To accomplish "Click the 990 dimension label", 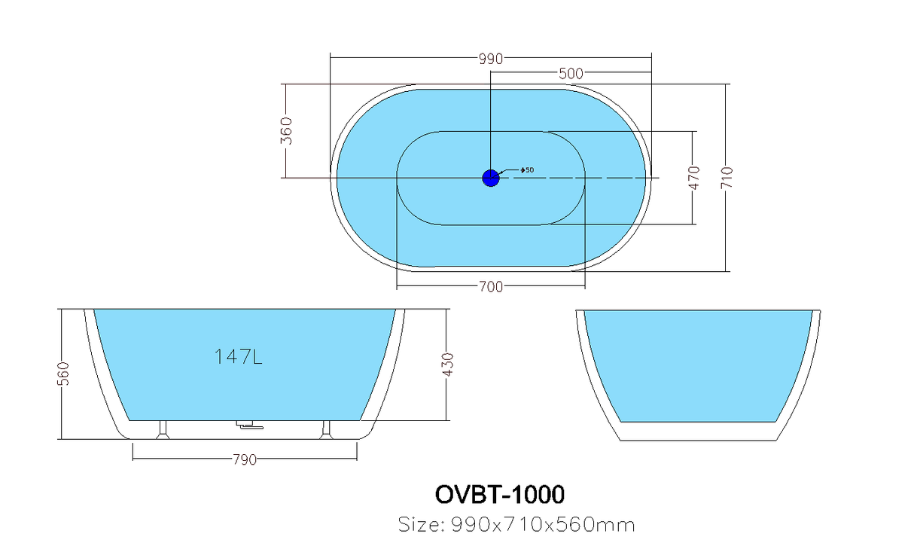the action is coord(491,59).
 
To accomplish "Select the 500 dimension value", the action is coord(571,74).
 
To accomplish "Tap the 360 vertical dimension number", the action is coord(286,130).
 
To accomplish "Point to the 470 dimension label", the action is coord(694,178).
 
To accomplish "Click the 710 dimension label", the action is coord(727,178).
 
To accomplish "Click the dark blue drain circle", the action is coord(490,178).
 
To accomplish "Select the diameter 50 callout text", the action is coord(527,169).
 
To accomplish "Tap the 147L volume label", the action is coord(239,357).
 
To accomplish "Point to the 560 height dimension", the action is coord(63,374).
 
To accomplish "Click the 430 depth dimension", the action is coord(448,365).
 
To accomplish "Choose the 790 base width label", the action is coord(245,460).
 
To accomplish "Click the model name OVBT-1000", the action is coord(500,495).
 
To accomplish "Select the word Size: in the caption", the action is coord(421,524).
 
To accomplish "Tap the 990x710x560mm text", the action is coord(543,525).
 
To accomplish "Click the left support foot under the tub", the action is coord(163,430).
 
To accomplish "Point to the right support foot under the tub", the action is coord(326,430).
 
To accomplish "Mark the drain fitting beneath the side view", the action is coord(249,425).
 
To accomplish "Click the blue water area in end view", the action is coord(698,366).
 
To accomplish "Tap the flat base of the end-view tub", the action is coord(698,441).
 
